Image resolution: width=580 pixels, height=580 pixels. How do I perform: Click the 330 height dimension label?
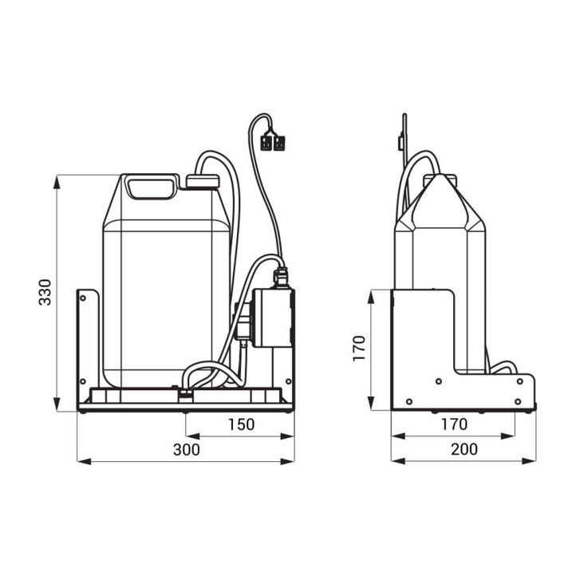(x=45, y=292)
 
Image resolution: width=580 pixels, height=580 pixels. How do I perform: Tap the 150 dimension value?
(x=241, y=424)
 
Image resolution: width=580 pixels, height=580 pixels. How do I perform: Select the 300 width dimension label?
(x=187, y=449)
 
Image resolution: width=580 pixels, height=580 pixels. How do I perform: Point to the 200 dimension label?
(x=464, y=449)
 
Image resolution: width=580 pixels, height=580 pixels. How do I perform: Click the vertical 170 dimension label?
(x=359, y=348)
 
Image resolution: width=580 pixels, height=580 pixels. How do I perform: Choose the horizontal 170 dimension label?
(x=454, y=424)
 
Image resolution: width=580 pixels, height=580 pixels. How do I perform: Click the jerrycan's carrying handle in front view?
(x=151, y=187)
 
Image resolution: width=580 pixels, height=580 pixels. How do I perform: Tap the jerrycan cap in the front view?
(x=203, y=182)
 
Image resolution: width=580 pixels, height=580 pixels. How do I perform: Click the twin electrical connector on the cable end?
(x=273, y=143)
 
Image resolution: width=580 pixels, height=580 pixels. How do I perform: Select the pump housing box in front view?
(x=273, y=318)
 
